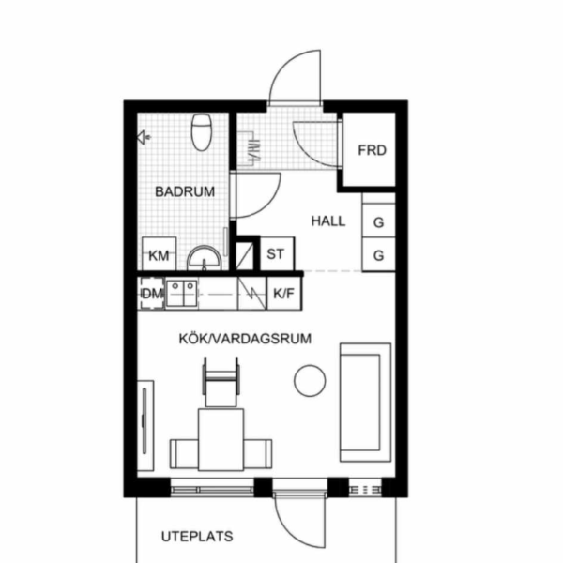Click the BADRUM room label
[185, 191]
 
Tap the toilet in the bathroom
[202, 131]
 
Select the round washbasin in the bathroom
[205, 258]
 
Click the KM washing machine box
[160, 254]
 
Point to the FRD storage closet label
[372, 150]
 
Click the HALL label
[328, 221]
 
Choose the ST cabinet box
[277, 253]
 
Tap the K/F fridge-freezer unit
[284, 294]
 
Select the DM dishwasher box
[151, 294]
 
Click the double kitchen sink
[181, 294]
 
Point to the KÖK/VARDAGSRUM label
[245, 339]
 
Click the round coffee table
[310, 381]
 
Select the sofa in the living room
[366, 403]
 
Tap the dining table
[221, 439]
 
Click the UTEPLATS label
[197, 537]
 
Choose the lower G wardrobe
[379, 254]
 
